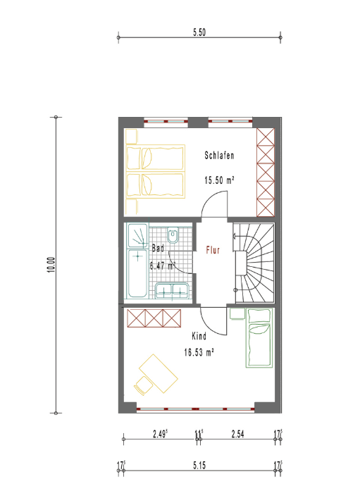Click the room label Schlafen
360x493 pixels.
219,156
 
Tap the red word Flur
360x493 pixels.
213,250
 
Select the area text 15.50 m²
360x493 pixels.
219,180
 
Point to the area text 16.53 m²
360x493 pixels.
199,352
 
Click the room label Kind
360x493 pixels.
199,336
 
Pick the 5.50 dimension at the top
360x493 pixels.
199,32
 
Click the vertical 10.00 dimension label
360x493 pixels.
51,265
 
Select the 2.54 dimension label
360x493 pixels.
237,435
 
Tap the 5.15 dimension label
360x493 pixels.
199,465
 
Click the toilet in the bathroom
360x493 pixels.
173,235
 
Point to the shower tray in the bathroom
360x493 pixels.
137,235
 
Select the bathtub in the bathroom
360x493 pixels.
137,273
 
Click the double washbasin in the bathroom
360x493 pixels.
172,290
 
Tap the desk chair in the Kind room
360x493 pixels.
144,385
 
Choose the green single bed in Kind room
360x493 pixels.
259,338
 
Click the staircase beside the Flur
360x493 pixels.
254,263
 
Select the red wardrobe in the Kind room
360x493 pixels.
154,318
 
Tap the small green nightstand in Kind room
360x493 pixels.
237,314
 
